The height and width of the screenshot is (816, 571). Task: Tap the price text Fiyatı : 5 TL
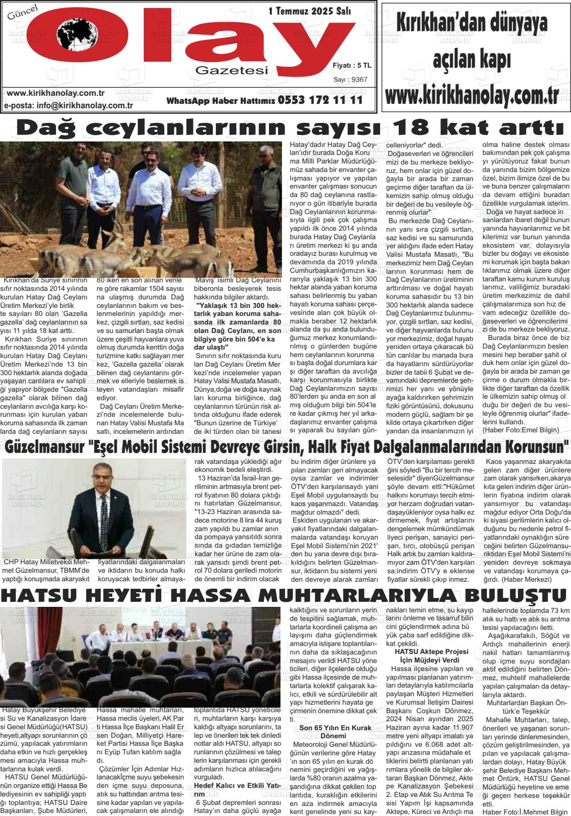[x=352, y=65]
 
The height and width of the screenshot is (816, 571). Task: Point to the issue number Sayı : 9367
[x=350, y=79]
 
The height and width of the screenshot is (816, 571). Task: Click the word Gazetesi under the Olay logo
[x=232, y=71]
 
